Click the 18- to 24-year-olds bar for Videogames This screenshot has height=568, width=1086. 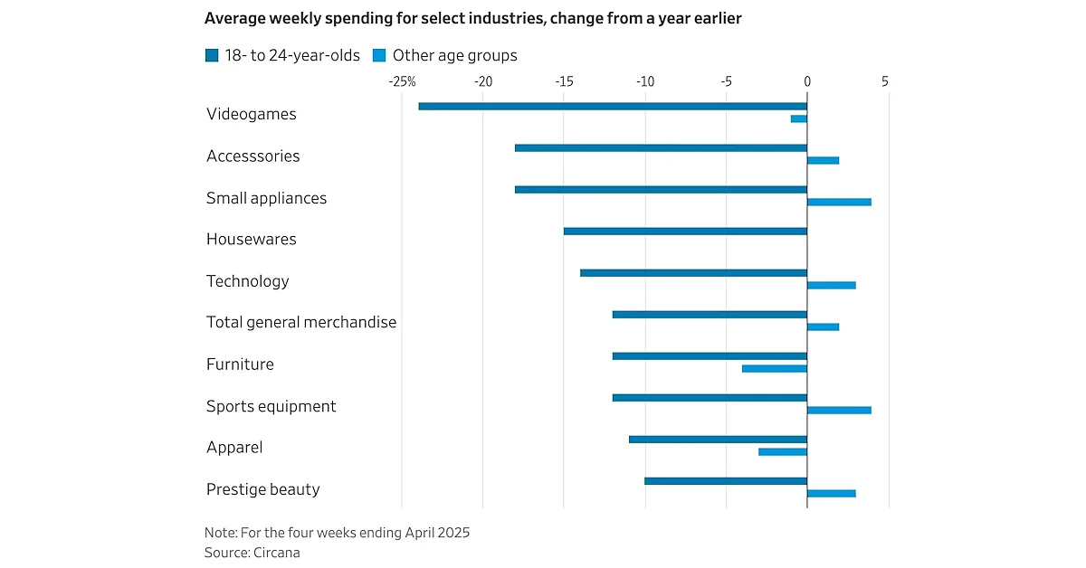point(613,106)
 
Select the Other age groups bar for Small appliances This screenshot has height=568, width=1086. point(839,202)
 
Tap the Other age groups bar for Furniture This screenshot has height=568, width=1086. point(774,368)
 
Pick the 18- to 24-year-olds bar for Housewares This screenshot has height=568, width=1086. point(685,232)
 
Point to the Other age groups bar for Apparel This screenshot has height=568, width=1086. point(782,451)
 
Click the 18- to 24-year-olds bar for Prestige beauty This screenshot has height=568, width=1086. point(725,481)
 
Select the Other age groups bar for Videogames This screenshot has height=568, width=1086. point(798,118)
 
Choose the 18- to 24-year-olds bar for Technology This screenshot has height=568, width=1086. point(693,273)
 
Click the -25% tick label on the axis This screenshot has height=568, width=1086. point(402,81)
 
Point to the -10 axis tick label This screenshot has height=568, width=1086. point(644,81)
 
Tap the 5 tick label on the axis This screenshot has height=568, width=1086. point(885,81)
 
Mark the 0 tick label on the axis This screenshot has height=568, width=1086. point(806,81)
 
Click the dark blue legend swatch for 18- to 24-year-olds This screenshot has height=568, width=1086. point(212,55)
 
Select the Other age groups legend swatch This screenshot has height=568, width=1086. point(379,55)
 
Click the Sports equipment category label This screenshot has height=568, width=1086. point(271,406)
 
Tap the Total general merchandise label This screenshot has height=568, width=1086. point(301,322)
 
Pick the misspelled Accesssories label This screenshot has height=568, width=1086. point(252,156)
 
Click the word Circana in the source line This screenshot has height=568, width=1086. point(277,552)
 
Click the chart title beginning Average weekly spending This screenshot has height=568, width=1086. point(473,18)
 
